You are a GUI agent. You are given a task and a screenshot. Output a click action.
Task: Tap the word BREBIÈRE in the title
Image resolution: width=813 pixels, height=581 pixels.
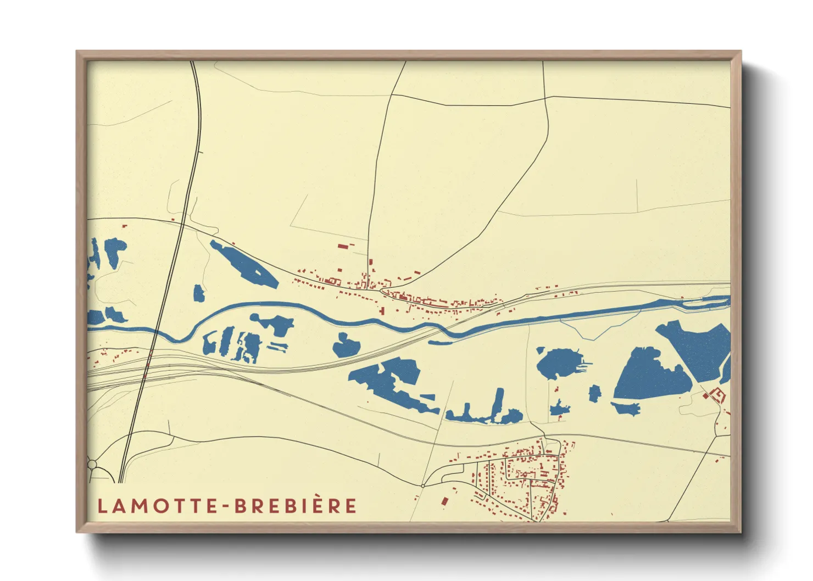[296, 506]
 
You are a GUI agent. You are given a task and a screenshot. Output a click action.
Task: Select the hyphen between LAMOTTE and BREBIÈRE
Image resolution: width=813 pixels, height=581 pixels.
[226, 506]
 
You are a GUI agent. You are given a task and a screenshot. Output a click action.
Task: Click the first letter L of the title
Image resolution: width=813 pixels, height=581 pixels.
[102, 506]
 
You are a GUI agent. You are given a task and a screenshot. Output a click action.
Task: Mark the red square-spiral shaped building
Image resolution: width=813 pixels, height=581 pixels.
[717, 394]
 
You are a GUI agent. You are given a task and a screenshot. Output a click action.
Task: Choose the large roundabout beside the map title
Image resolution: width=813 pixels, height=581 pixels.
[92, 465]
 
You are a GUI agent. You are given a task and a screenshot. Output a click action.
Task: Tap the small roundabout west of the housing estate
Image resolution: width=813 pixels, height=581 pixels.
[422, 485]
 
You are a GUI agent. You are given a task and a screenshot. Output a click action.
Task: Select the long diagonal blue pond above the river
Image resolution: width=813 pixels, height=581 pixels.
[244, 264]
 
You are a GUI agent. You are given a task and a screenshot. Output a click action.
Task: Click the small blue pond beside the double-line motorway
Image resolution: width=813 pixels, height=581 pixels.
[198, 293]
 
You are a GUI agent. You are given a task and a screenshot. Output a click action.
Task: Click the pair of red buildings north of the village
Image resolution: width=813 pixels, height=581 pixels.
[345, 245]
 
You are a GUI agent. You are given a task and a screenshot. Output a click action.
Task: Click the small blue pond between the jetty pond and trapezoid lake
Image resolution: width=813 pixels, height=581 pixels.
[595, 393]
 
